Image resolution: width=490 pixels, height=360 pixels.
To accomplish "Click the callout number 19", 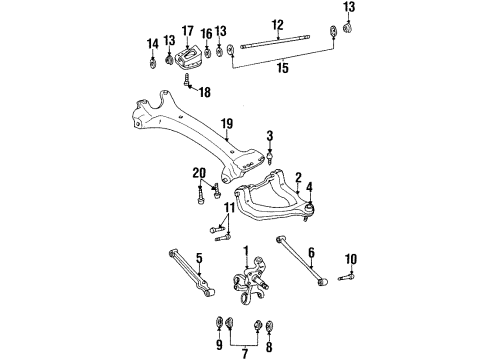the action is tap(227, 124).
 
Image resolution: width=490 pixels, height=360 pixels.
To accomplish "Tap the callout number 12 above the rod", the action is tap(277, 25).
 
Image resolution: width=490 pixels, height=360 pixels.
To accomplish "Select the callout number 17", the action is tap(188, 31).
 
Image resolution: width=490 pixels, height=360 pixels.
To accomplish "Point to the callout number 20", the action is tap(199, 173).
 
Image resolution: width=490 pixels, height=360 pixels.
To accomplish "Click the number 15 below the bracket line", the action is tap(282, 68).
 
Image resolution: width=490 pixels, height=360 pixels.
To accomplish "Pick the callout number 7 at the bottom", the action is tap(245, 353).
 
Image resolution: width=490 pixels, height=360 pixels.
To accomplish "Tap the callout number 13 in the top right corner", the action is tap(349, 7).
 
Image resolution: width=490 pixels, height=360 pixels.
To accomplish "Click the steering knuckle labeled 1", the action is tap(252, 279).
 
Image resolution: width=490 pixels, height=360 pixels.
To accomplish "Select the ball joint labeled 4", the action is tap(310, 208).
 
